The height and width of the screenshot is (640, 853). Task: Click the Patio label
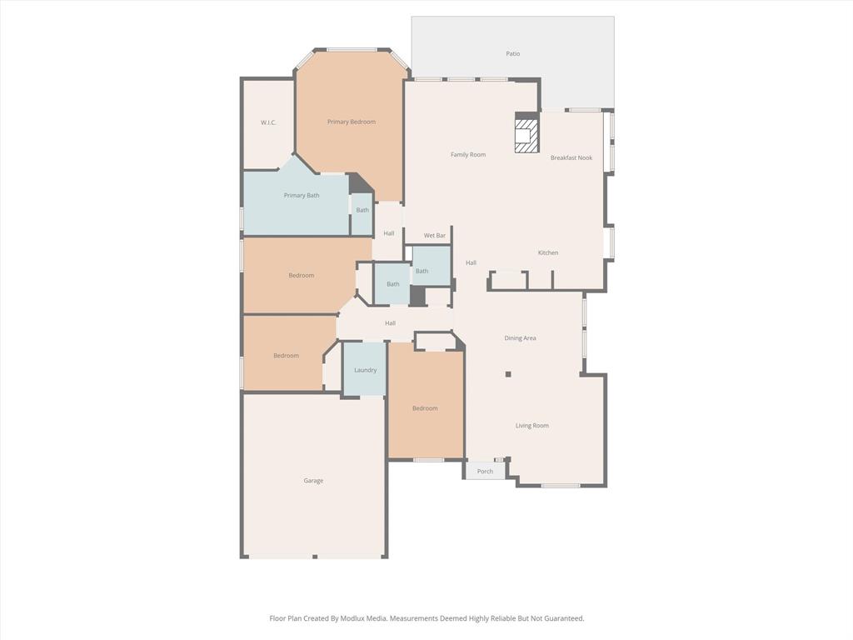(512, 54)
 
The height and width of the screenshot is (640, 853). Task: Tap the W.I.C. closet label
(268, 122)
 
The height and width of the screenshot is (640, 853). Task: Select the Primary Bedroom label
(351, 122)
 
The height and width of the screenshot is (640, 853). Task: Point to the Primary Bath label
(301, 196)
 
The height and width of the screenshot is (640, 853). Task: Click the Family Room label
(468, 154)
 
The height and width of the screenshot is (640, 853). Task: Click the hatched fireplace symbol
(526, 136)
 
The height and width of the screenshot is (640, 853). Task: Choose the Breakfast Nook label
(571, 157)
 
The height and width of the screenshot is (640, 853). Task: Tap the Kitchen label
(547, 252)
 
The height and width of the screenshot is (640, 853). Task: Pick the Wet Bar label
(435, 236)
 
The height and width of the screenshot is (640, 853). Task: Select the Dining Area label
(520, 338)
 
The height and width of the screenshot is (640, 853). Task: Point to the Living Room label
(531, 426)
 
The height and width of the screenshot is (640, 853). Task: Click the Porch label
(485, 472)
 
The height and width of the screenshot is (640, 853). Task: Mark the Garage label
(313, 481)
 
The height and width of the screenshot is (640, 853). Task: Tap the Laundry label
(365, 370)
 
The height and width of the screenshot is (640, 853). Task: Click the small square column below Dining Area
(508, 374)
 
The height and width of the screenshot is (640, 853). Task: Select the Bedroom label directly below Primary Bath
(301, 275)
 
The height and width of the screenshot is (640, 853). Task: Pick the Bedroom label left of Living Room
(425, 408)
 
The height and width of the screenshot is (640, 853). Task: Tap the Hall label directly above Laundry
(390, 323)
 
